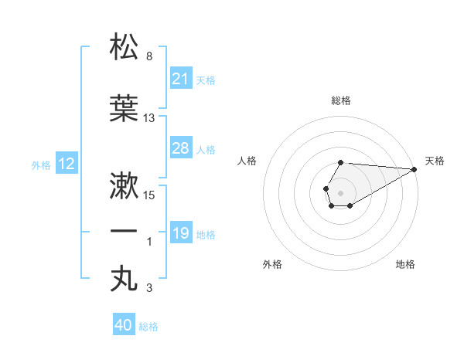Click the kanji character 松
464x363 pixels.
point(125,47)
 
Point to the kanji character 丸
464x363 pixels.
point(125,278)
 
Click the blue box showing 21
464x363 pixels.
point(181,78)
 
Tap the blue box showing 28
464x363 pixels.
point(181,148)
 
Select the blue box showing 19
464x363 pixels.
point(181,233)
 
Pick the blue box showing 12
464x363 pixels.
point(67,164)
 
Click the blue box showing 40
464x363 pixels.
point(124,325)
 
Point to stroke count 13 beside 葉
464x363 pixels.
point(149,118)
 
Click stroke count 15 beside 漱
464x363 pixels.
point(150,195)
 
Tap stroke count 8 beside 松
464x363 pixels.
point(148,56)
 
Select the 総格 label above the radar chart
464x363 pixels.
point(341,100)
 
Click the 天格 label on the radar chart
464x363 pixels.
point(435,161)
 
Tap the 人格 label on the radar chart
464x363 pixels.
point(247,161)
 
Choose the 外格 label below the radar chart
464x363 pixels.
point(272,264)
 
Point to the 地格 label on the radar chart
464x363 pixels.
point(405,264)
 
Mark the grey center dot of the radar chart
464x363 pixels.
point(340,192)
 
